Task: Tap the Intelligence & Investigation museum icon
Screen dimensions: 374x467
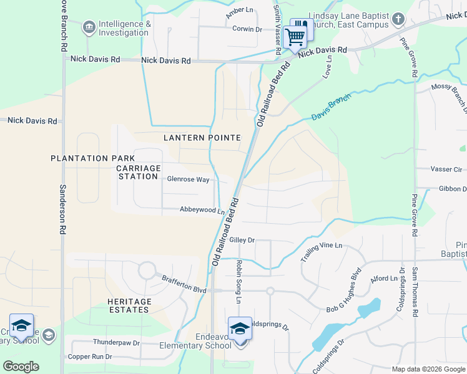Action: point(88,27)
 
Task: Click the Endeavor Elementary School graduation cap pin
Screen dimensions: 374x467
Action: point(240,328)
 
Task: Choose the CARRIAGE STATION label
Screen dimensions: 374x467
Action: point(138,172)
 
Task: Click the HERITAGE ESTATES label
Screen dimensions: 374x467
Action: point(129,306)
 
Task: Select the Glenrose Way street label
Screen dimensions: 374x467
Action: point(188,180)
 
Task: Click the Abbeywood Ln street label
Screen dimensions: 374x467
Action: point(202,211)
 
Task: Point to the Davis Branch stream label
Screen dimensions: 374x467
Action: point(331,107)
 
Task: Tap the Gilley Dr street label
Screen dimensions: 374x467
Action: point(242,240)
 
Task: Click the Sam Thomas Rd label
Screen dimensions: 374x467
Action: point(414,292)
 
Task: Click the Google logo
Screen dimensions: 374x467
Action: point(20,367)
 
